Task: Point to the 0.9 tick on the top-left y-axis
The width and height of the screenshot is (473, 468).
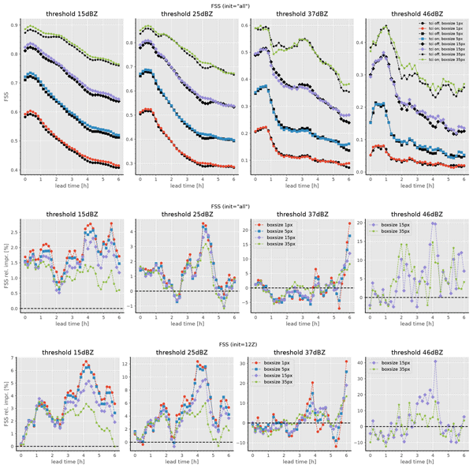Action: pos(13,25)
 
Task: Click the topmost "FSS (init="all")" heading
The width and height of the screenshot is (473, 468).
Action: pos(236,6)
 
